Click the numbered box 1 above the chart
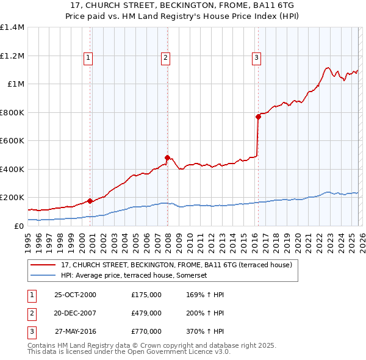coord(88,58)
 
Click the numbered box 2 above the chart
coord(165,58)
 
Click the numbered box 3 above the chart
coord(256,58)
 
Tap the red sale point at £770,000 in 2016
coord(258,117)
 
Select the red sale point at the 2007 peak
coord(167,158)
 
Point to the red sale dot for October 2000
coord(90,201)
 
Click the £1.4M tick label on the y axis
coord(12,27)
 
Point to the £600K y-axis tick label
coord(12,141)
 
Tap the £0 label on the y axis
coord(18,226)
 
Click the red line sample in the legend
coord(44,265)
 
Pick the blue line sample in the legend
coord(44,275)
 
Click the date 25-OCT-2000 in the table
coord(75,295)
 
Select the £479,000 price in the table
coord(146,313)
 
